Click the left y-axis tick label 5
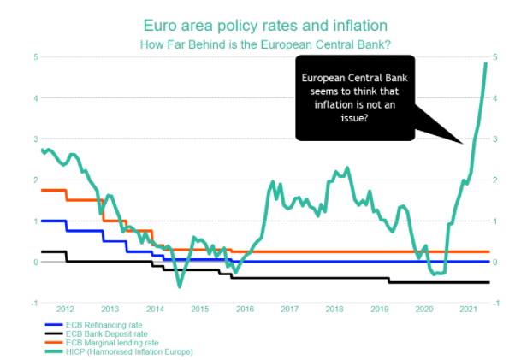tap(36, 56)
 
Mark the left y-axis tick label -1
tap(34, 303)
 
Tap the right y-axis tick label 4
tap(497, 97)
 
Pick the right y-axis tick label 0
tap(497, 262)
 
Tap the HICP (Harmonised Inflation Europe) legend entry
tap(129, 351)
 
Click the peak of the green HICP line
tap(486, 62)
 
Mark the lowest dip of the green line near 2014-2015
tap(179, 286)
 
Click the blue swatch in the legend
tap(52, 325)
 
